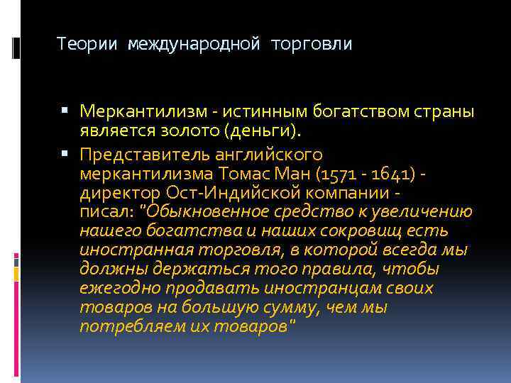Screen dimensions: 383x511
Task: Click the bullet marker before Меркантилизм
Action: point(65,111)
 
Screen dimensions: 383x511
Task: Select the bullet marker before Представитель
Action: point(65,154)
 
